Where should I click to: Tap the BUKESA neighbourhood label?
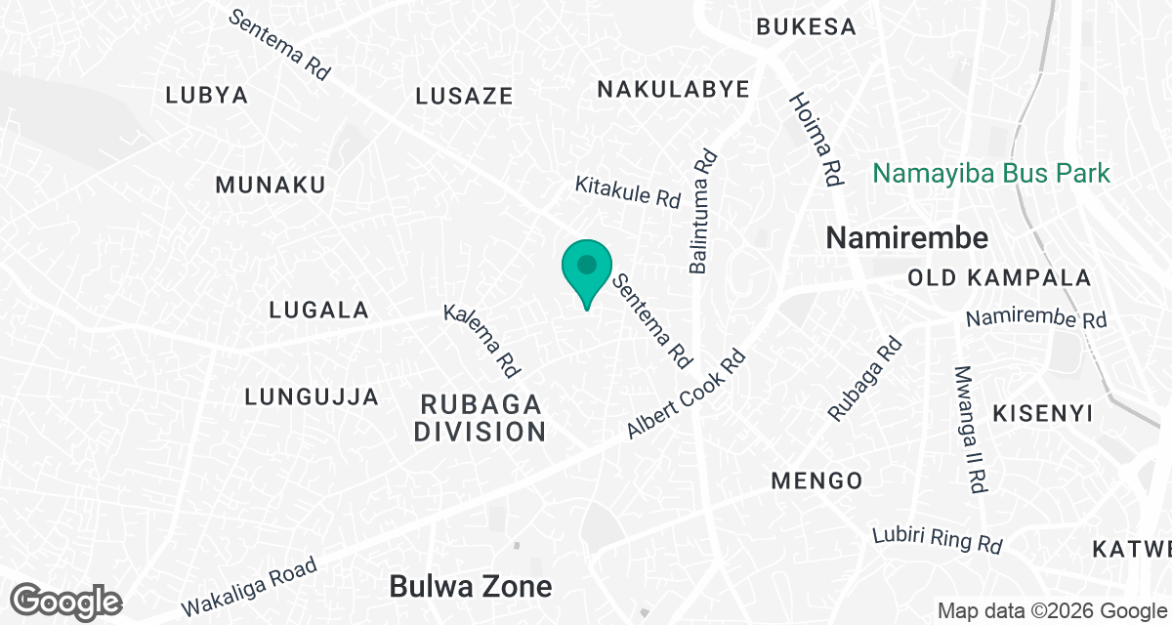(807, 26)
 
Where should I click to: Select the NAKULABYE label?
(673, 90)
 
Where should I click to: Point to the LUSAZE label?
(464, 96)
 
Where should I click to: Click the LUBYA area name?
(207, 96)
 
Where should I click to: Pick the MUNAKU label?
(271, 185)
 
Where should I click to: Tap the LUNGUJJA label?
(312, 396)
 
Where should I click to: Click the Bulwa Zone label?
(470, 586)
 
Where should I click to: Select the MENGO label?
(816, 480)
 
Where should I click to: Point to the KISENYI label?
(1042, 413)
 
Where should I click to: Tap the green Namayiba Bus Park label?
(990, 174)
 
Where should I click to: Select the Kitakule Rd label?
(627, 190)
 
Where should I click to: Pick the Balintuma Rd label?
(703, 211)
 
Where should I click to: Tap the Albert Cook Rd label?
(686, 394)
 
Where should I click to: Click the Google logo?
(66, 601)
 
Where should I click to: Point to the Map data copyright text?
(1051, 611)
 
